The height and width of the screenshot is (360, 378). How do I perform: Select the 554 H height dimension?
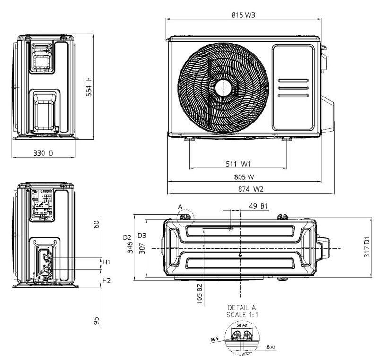coord(89,87)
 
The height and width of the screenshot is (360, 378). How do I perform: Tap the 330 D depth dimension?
coord(43,153)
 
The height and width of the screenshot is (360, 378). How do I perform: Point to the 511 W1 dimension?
coord(238,164)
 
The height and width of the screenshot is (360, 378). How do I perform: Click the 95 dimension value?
coord(96,320)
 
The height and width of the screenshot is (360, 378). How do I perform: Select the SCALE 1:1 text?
coord(242,314)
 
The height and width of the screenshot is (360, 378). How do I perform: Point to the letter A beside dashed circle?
coord(180,207)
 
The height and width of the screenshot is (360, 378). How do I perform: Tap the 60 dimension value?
coord(96,224)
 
